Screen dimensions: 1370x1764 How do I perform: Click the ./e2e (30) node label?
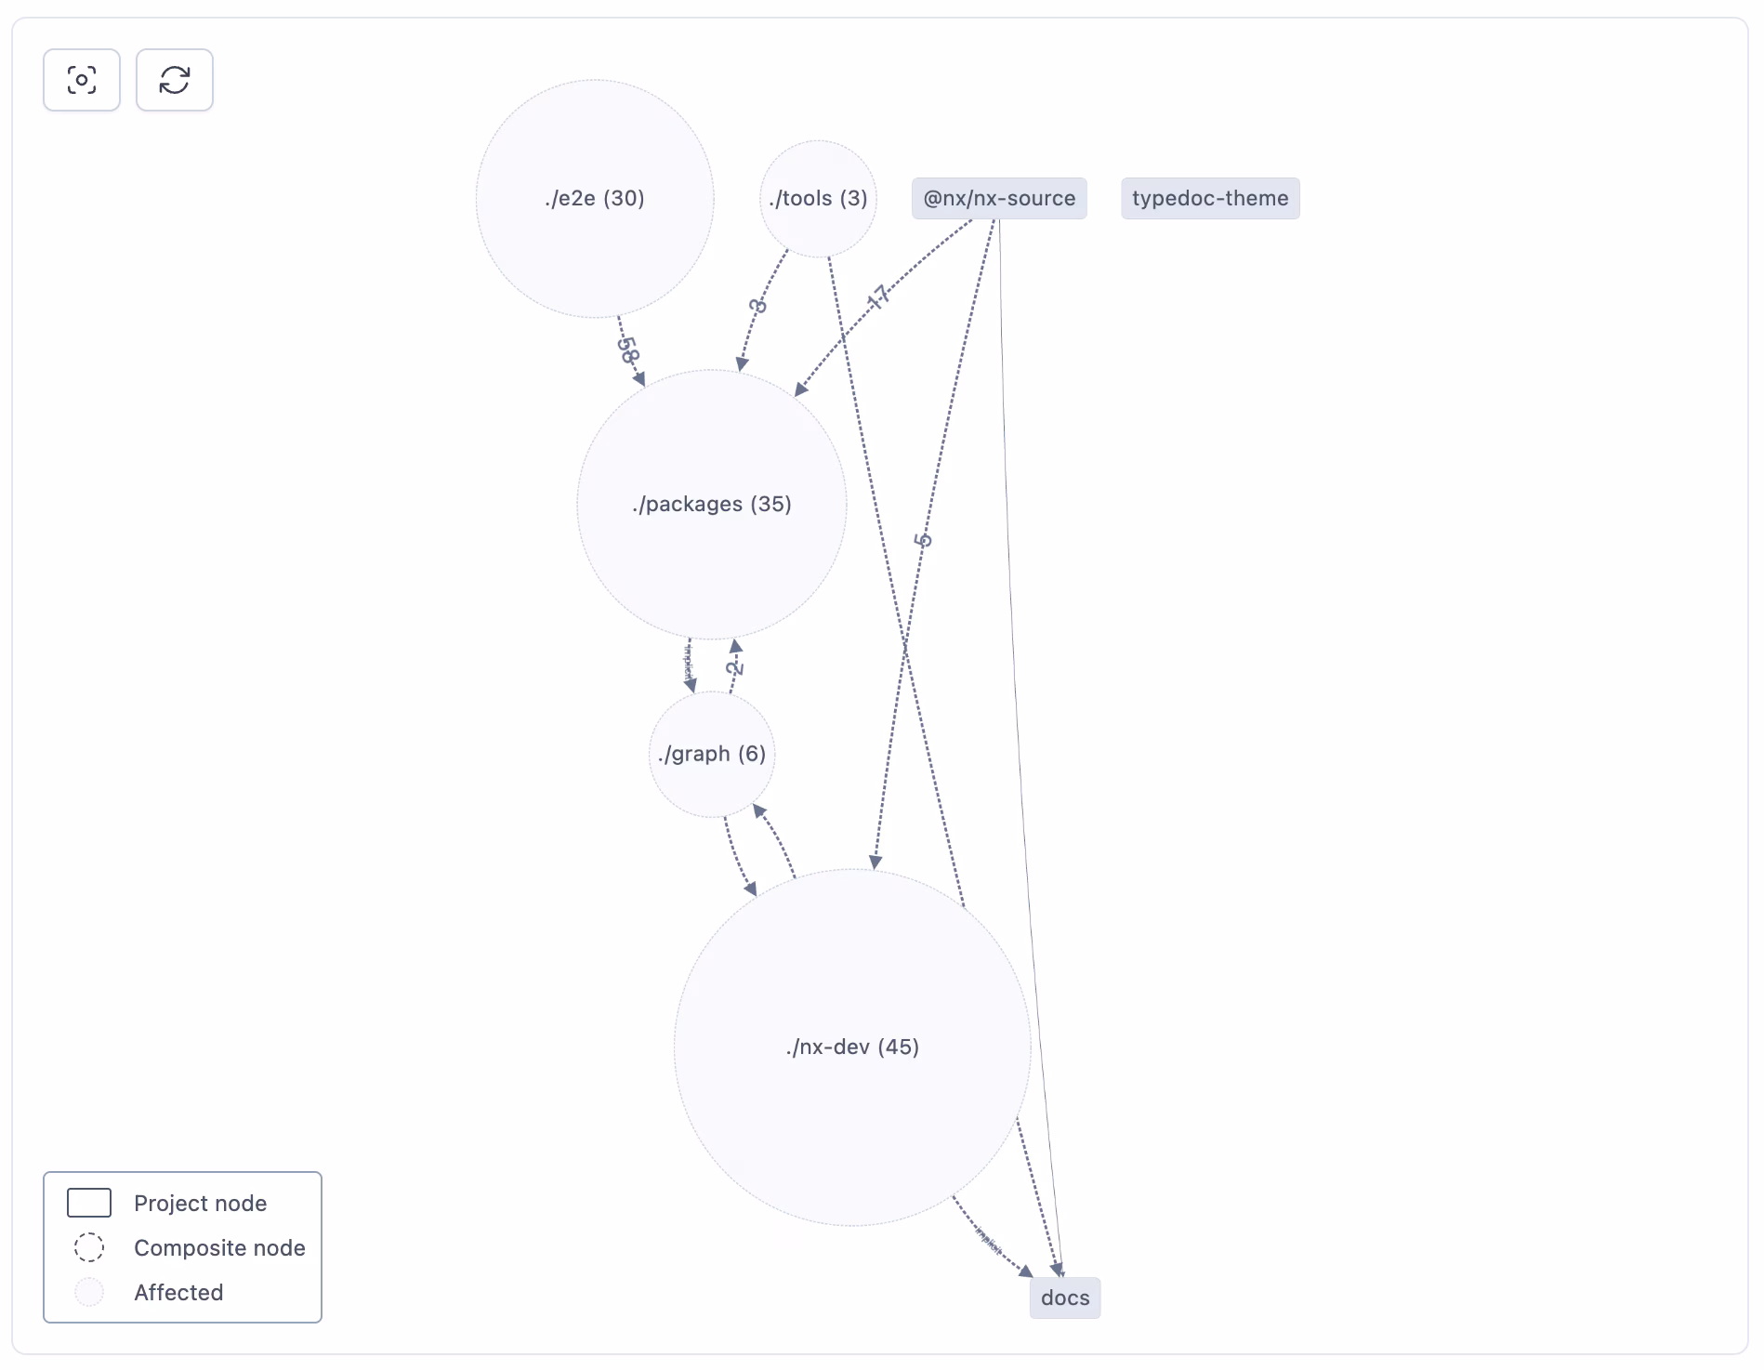[595, 198]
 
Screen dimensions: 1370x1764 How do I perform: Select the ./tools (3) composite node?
[818, 198]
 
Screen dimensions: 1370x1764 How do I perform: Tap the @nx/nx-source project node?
[999, 198]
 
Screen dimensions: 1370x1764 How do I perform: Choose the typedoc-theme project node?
[1210, 198]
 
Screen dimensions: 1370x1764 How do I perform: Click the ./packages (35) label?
[712, 504]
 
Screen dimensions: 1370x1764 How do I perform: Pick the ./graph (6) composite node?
[712, 754]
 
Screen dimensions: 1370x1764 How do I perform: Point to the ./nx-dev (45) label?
[852, 1047]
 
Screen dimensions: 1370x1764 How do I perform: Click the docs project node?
[1065, 1298]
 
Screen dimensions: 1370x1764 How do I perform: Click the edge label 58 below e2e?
[629, 349]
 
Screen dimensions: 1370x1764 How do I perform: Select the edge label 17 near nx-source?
[877, 297]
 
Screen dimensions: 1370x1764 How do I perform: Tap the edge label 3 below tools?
[758, 306]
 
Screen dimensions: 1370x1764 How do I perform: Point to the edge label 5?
[922, 540]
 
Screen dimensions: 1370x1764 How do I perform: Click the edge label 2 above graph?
[734, 666]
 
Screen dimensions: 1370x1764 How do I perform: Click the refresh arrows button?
[175, 80]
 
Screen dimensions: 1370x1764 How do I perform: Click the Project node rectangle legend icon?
[89, 1203]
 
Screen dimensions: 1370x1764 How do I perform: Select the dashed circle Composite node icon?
[89, 1247]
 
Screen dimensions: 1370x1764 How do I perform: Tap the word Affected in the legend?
[178, 1292]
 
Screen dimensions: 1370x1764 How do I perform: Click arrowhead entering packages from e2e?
[639, 379]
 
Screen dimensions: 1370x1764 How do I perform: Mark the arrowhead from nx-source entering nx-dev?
[875, 862]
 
